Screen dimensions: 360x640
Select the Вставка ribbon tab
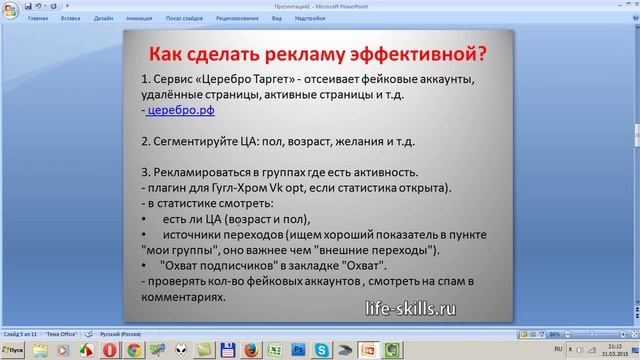[x=70, y=18]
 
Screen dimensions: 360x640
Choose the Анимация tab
[x=140, y=18]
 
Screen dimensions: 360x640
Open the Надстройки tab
[x=324, y=18]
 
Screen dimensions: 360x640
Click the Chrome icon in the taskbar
[x=132, y=349]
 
